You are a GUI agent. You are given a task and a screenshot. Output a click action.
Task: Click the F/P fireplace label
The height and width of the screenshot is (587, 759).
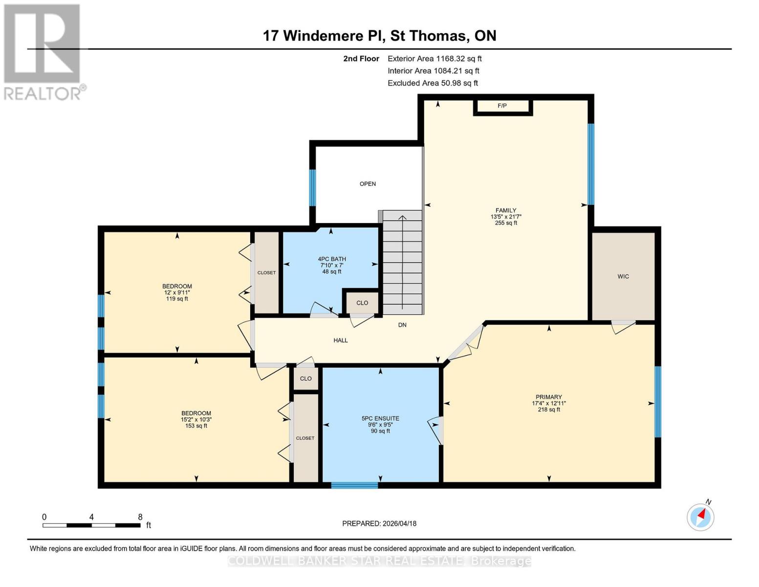pyautogui.click(x=502, y=106)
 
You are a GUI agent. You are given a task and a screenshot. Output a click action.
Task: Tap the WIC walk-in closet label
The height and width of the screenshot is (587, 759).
pyautogui.click(x=623, y=276)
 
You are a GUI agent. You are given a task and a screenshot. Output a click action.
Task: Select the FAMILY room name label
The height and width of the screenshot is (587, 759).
pyautogui.click(x=506, y=210)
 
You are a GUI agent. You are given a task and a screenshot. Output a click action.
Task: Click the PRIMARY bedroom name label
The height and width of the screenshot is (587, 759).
pyautogui.click(x=549, y=397)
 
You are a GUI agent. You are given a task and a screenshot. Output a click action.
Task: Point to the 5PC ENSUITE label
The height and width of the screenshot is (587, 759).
pyautogui.click(x=380, y=418)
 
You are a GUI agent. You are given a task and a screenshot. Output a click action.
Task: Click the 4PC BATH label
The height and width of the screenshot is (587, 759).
pyautogui.click(x=332, y=259)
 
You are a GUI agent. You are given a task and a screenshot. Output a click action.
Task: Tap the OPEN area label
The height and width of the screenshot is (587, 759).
pyautogui.click(x=368, y=184)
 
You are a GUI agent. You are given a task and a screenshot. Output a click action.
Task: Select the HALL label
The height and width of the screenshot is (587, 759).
pyautogui.click(x=341, y=340)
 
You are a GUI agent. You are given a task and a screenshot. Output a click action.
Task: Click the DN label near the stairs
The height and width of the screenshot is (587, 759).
pyautogui.click(x=402, y=325)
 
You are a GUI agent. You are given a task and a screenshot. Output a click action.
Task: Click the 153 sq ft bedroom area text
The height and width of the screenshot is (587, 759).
pyautogui.click(x=196, y=426)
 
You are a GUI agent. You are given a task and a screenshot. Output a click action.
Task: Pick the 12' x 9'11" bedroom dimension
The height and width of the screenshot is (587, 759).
pyautogui.click(x=177, y=293)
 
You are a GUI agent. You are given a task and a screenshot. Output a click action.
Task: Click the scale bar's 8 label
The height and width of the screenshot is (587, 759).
pyautogui.click(x=140, y=517)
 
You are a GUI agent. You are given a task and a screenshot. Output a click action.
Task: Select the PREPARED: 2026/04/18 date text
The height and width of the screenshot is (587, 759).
pyautogui.click(x=379, y=523)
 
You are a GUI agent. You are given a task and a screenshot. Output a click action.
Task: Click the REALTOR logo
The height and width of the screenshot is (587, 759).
pyautogui.click(x=43, y=51)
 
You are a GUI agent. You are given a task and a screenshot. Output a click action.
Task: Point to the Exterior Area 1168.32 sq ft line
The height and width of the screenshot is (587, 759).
pyautogui.click(x=434, y=59)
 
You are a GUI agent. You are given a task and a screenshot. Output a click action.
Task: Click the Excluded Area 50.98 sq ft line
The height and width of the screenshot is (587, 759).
pyautogui.click(x=433, y=83)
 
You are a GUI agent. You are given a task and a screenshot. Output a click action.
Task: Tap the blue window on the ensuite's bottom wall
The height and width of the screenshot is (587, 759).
pyautogui.click(x=354, y=485)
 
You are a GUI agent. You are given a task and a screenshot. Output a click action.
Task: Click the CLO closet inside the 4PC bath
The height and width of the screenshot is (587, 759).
pyautogui.click(x=362, y=303)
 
